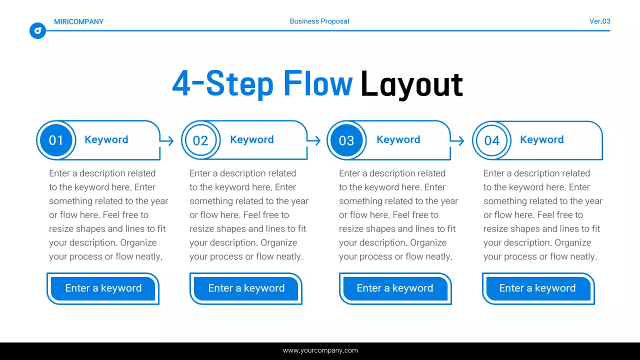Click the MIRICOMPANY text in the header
[78, 21]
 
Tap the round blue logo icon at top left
[37, 30]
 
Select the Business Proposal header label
[319, 21]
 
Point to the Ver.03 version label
[599, 21]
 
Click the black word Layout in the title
[411, 84]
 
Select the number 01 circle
[56, 140]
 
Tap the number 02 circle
[200, 140]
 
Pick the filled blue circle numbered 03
[346, 140]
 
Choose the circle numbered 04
[492, 140]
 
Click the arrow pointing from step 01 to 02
[168, 141]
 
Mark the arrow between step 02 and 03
[314, 141]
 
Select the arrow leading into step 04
[458, 141]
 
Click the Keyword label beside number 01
[106, 140]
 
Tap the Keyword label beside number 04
[542, 140]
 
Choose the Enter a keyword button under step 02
[246, 288]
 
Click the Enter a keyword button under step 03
[395, 288]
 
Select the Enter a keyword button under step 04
[537, 288]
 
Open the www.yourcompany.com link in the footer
[320, 350]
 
